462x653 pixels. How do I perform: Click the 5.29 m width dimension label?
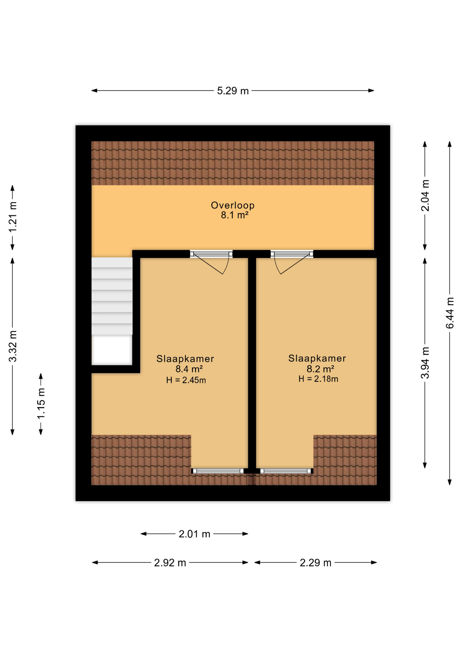coord(233,91)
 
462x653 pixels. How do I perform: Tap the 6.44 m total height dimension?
coord(450,313)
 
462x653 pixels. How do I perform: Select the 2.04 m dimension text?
coord(425,196)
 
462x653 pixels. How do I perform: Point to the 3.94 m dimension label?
coord(425,363)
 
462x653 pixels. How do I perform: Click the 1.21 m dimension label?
coord(13,217)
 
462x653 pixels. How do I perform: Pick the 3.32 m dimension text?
coord(13,346)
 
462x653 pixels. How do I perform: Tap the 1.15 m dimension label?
coord(41,404)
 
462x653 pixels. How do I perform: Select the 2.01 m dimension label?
coord(194,534)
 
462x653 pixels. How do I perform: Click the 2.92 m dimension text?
coord(170,563)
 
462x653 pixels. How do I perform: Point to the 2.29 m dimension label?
coord(315,563)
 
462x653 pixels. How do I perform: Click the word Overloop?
coord(233,205)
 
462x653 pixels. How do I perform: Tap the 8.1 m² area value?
coord(234,215)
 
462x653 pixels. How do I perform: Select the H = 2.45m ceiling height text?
coord(186,380)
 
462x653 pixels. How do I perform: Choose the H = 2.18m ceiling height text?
coord(318,379)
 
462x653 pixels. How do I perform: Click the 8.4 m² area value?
coord(189,369)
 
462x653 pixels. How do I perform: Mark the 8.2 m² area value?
coord(320,369)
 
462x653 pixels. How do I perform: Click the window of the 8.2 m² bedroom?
coord(286,471)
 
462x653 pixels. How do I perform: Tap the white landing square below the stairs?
coord(112,350)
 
